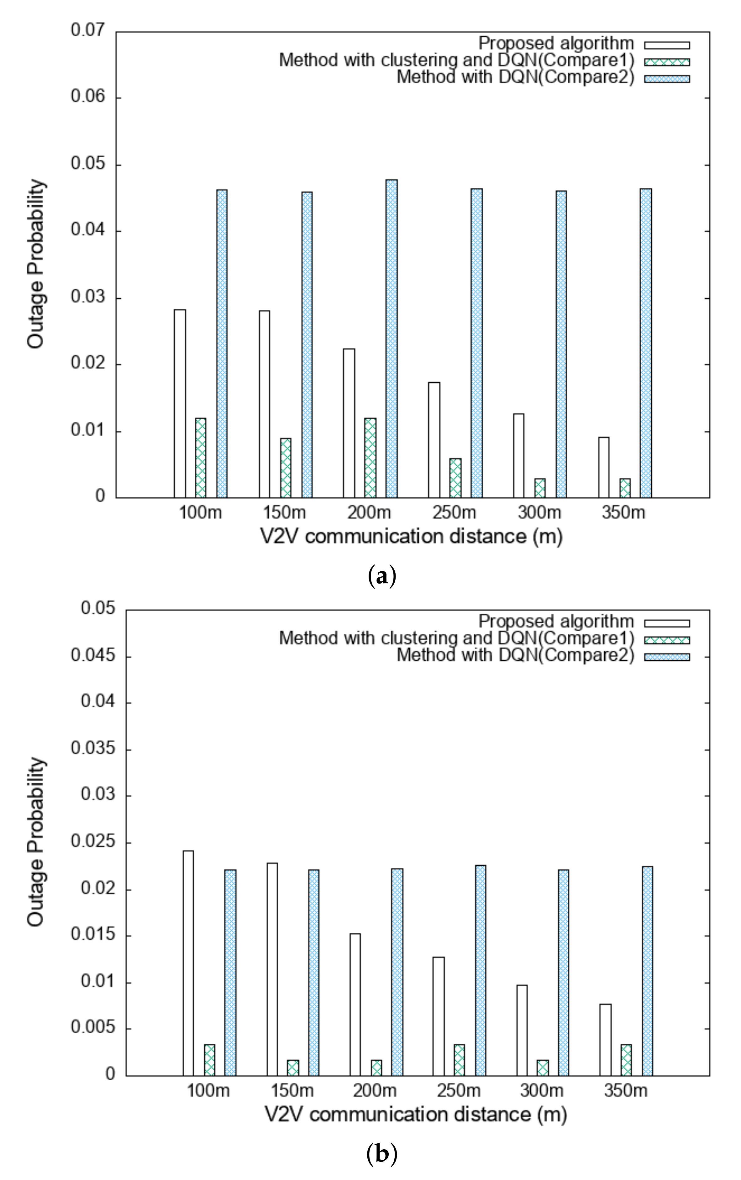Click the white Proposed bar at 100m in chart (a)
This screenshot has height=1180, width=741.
pyautogui.click(x=180, y=403)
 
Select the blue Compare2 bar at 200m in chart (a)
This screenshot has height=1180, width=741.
pyautogui.click(x=392, y=338)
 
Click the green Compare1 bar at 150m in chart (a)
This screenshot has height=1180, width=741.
pyautogui.click(x=286, y=468)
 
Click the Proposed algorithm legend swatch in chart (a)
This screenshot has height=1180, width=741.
pyautogui.click(x=667, y=45)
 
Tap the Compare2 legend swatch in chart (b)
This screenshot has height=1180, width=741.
pyautogui.click(x=667, y=657)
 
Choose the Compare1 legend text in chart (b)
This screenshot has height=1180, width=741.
pyautogui.click(x=457, y=638)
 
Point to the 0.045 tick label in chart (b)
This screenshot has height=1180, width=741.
pyautogui.click(x=93, y=656)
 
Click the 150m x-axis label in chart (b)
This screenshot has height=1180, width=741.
pyautogui.click(x=292, y=1091)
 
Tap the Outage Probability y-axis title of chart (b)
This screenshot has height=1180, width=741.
pyautogui.click(x=36, y=842)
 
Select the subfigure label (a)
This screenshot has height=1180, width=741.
pyautogui.click(x=381, y=576)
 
